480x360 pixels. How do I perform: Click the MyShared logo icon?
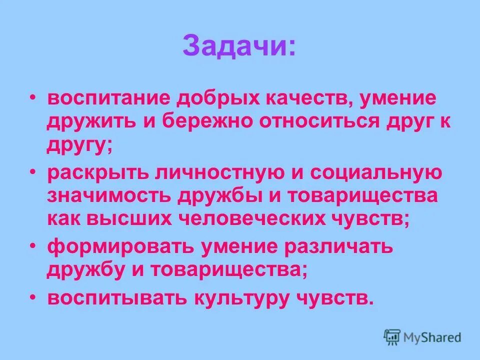[392, 336]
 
